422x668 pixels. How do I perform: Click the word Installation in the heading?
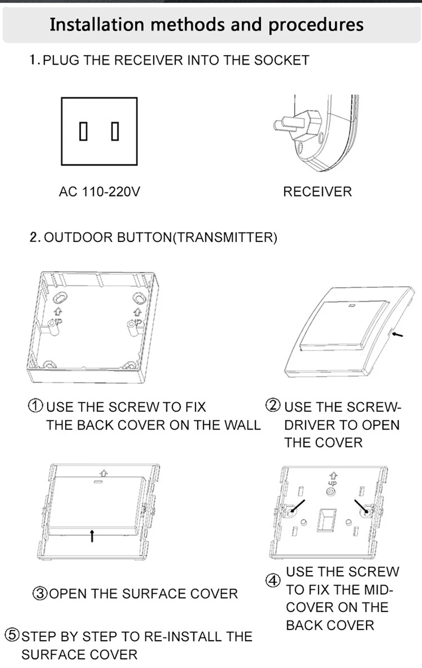click(x=97, y=25)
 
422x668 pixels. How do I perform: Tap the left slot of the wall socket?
click(x=83, y=131)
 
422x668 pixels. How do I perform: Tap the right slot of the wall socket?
click(x=115, y=131)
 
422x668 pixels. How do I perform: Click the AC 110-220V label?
click(x=99, y=192)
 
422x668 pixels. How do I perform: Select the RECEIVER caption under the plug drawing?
click(x=317, y=192)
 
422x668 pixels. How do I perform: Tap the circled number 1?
click(x=36, y=406)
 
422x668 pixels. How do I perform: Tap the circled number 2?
click(x=273, y=406)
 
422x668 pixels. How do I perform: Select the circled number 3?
click(x=40, y=594)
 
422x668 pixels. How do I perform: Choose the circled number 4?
click(x=273, y=581)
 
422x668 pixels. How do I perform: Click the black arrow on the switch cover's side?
click(x=397, y=334)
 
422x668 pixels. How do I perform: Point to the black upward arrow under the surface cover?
click(x=92, y=536)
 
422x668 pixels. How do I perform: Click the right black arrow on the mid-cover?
click(x=361, y=506)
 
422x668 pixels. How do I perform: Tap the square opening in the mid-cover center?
click(x=327, y=520)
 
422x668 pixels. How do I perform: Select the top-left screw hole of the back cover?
click(x=60, y=298)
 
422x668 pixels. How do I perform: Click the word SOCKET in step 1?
click(x=281, y=60)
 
